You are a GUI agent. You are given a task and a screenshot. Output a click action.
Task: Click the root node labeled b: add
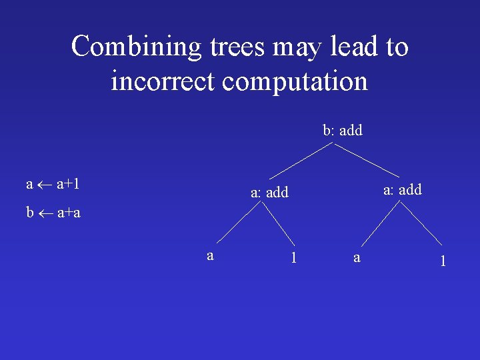tap(343, 131)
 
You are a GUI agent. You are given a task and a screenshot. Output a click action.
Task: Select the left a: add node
tap(269, 193)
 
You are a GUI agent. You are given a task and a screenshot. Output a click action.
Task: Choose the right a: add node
tap(403, 190)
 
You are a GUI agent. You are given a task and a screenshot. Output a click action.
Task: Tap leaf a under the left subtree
tap(210, 256)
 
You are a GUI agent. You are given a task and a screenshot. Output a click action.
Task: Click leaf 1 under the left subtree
tap(294, 257)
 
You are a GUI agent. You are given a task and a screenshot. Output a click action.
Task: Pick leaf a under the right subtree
tap(357, 257)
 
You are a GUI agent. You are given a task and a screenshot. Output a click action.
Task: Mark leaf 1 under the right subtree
tap(442, 261)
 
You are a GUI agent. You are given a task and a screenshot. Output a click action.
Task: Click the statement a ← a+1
tap(53, 183)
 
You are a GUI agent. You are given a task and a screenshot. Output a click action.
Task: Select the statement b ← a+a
tap(53, 213)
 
